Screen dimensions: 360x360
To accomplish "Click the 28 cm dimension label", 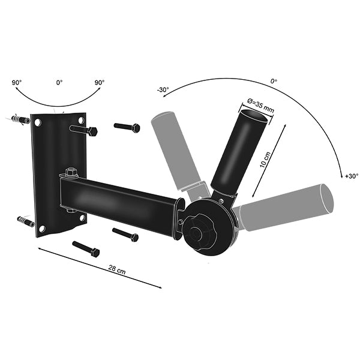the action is coord(117,269).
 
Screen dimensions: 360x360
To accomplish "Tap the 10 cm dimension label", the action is coord(265,160).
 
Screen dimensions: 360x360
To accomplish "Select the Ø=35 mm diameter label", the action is coord(260,105).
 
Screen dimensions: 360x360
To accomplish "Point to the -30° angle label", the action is coord(163,89).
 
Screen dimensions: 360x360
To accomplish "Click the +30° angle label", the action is coord(352,176).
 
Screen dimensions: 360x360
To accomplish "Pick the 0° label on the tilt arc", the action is coord(274,81).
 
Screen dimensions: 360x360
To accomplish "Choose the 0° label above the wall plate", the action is coord(59,82).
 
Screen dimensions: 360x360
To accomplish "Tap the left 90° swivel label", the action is coord(17,82).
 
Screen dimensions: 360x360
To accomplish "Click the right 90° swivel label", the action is coord(100,82).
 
